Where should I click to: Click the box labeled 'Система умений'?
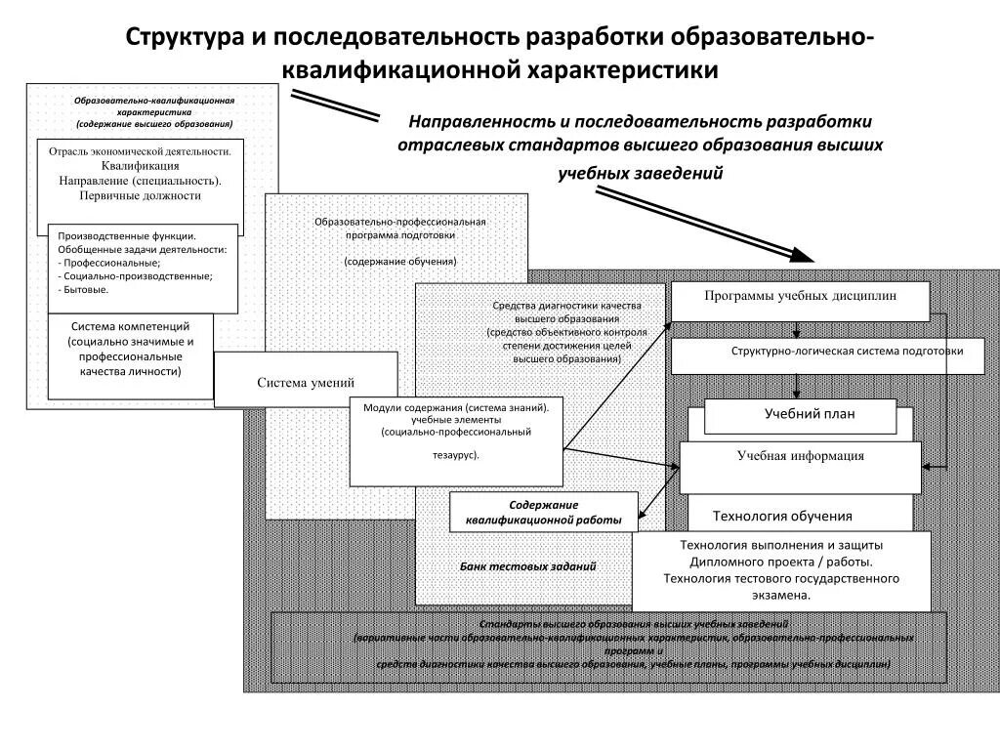pyautogui.click(x=306, y=382)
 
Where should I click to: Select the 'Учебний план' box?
pyautogui.click(x=800, y=415)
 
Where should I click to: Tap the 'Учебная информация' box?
pyautogui.click(x=800, y=466)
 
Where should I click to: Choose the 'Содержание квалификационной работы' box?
pyautogui.click(x=544, y=511)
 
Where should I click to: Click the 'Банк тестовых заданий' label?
pyautogui.click(x=527, y=566)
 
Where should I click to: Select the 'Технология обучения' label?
pyautogui.click(x=782, y=516)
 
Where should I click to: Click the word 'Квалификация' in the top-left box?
pyautogui.click(x=140, y=166)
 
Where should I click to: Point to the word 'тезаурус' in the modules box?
pyautogui.click(x=455, y=455)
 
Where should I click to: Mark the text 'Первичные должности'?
pyautogui.click(x=140, y=195)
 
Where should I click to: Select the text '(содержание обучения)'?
pyautogui.click(x=399, y=262)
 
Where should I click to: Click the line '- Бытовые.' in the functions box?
pyautogui.click(x=84, y=290)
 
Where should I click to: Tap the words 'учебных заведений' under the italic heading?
pyautogui.click(x=641, y=174)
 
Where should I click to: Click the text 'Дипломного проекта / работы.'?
pyautogui.click(x=781, y=562)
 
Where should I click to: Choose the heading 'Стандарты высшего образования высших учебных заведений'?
pyautogui.click(x=634, y=624)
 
